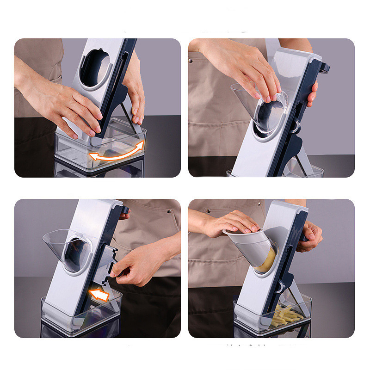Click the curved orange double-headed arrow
117,152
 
